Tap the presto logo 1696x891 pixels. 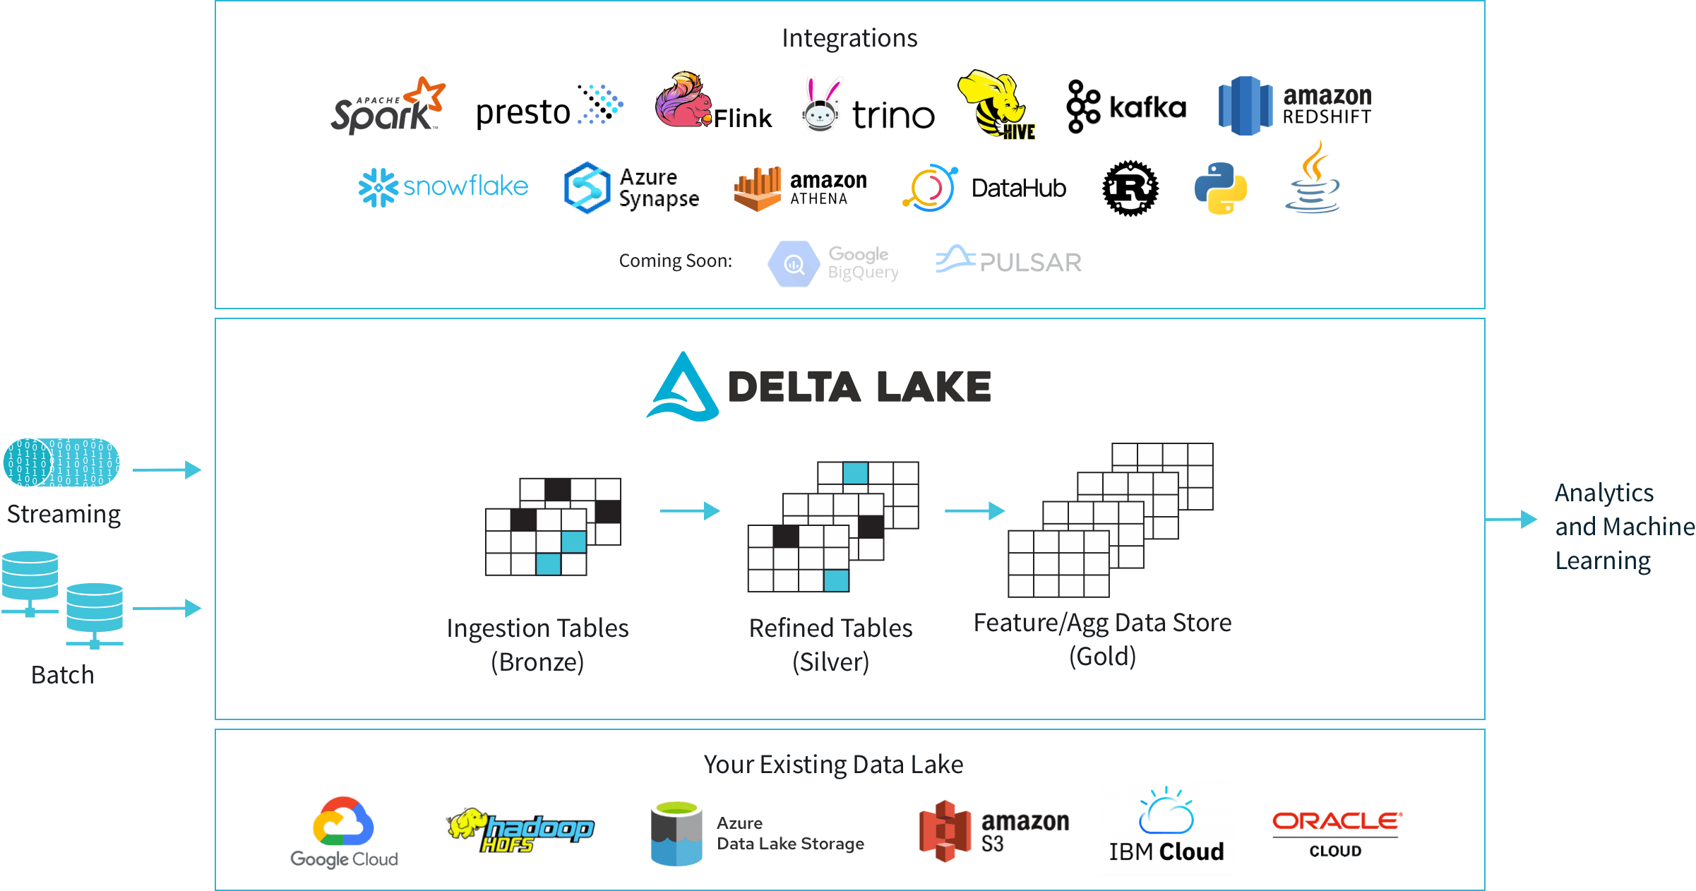pyautogui.click(x=549, y=108)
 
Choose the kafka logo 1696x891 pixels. pyautogui.click(x=1125, y=107)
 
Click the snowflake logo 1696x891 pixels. pyautogui.click(x=443, y=187)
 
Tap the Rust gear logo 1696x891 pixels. pyautogui.click(x=1130, y=189)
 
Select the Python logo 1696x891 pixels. pyautogui.click(x=1220, y=189)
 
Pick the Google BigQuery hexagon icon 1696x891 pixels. pyautogui.click(x=794, y=264)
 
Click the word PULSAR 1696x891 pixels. pyautogui.click(x=1030, y=263)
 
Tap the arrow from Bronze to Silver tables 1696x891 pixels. pyautogui.click(x=689, y=510)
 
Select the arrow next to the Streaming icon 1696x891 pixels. pyautogui.click(x=167, y=470)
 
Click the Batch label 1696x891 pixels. pyautogui.click(x=62, y=675)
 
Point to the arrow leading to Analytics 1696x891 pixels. pyautogui.click(x=1511, y=520)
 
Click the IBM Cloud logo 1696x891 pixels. pyautogui.click(x=1166, y=826)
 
